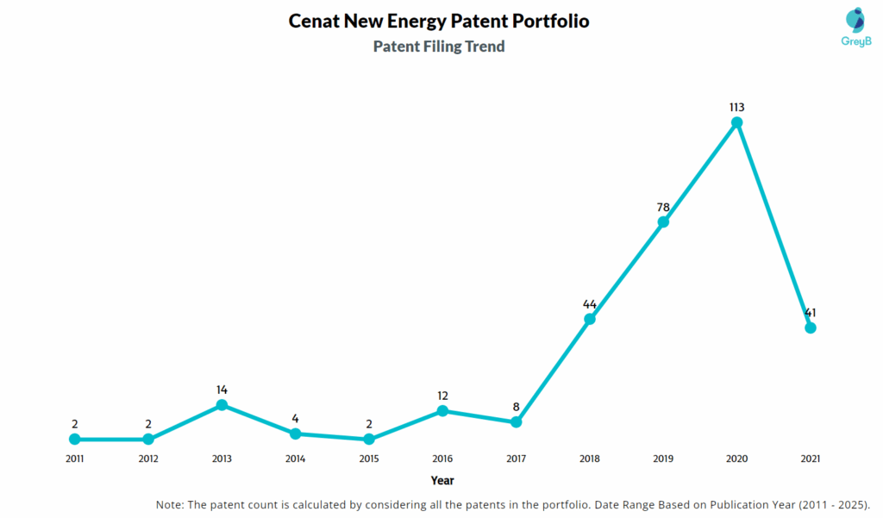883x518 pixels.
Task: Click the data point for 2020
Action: click(x=736, y=123)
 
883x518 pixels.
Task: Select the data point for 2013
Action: click(x=222, y=405)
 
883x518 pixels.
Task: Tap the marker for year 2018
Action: click(x=590, y=319)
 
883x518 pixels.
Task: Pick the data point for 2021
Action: click(x=810, y=328)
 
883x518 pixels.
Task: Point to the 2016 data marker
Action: click(x=442, y=411)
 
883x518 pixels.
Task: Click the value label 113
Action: click(x=736, y=107)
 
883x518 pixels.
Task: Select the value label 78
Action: click(x=662, y=206)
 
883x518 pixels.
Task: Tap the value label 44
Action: click(x=590, y=304)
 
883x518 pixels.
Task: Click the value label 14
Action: click(x=222, y=390)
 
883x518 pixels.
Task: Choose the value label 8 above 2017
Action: click(x=516, y=407)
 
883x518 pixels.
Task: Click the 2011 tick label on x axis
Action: click(x=75, y=459)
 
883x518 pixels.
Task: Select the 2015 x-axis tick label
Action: click(x=369, y=459)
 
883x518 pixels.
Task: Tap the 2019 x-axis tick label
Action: click(x=662, y=459)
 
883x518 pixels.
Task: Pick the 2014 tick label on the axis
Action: click(x=295, y=459)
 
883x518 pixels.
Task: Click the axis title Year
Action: click(x=442, y=480)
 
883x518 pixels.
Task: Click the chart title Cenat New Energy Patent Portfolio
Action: click(x=439, y=22)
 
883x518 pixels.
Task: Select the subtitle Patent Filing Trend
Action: click(x=439, y=47)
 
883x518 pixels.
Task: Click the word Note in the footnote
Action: click(x=169, y=504)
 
